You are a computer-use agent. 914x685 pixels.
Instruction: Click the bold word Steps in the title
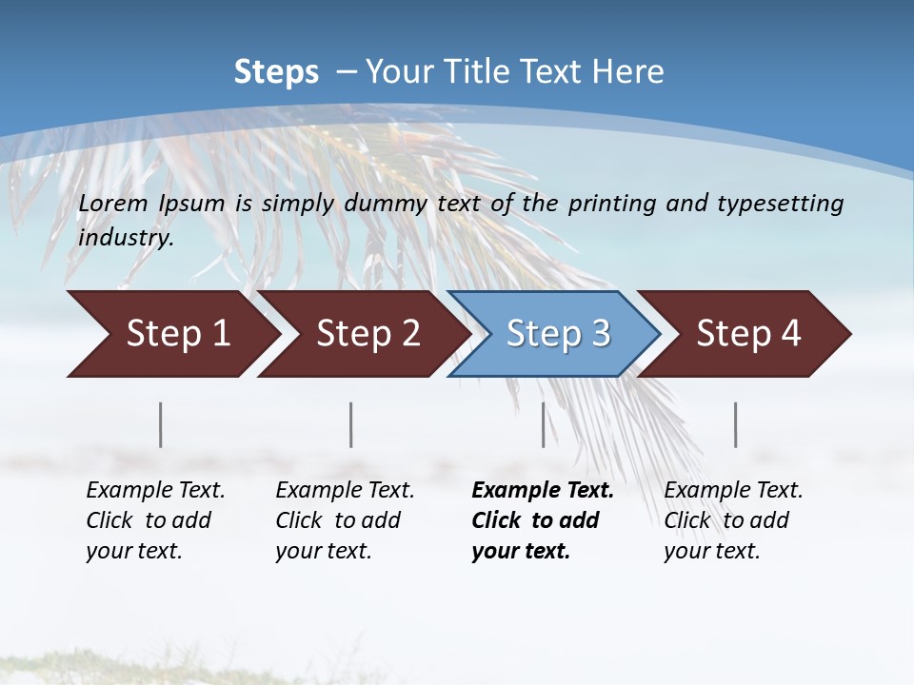[x=276, y=72]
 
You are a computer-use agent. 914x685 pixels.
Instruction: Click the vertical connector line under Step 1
[x=161, y=424]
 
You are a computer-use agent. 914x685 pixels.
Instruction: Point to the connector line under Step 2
[x=351, y=424]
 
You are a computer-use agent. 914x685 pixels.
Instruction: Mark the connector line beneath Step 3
[x=544, y=424]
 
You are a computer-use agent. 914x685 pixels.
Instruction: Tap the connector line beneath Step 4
[x=736, y=424]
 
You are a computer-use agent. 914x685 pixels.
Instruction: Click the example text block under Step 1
[x=155, y=520]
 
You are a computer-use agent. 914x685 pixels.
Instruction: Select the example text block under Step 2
[x=345, y=520]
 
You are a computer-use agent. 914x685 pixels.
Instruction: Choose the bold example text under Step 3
[x=543, y=520]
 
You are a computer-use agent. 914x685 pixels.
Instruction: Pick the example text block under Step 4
[x=733, y=520]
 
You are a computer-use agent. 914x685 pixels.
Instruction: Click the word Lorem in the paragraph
[x=113, y=204]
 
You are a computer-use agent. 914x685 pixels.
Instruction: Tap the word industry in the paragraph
[x=126, y=238]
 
